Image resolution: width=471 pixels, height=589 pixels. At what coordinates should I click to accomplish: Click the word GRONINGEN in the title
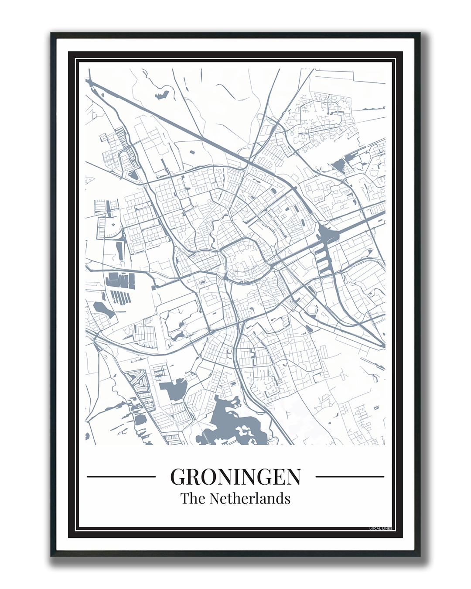coord(235,476)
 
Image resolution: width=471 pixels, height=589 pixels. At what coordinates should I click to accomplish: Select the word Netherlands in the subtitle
coord(250,498)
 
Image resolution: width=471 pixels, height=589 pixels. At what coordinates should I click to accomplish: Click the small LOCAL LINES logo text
coord(380,528)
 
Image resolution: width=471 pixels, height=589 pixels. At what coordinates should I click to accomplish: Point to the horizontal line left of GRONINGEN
coord(121,476)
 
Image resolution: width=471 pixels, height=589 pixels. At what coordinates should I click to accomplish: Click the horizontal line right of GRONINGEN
coord(349,476)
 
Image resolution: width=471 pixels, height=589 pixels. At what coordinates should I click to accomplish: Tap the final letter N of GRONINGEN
coord(293,476)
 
